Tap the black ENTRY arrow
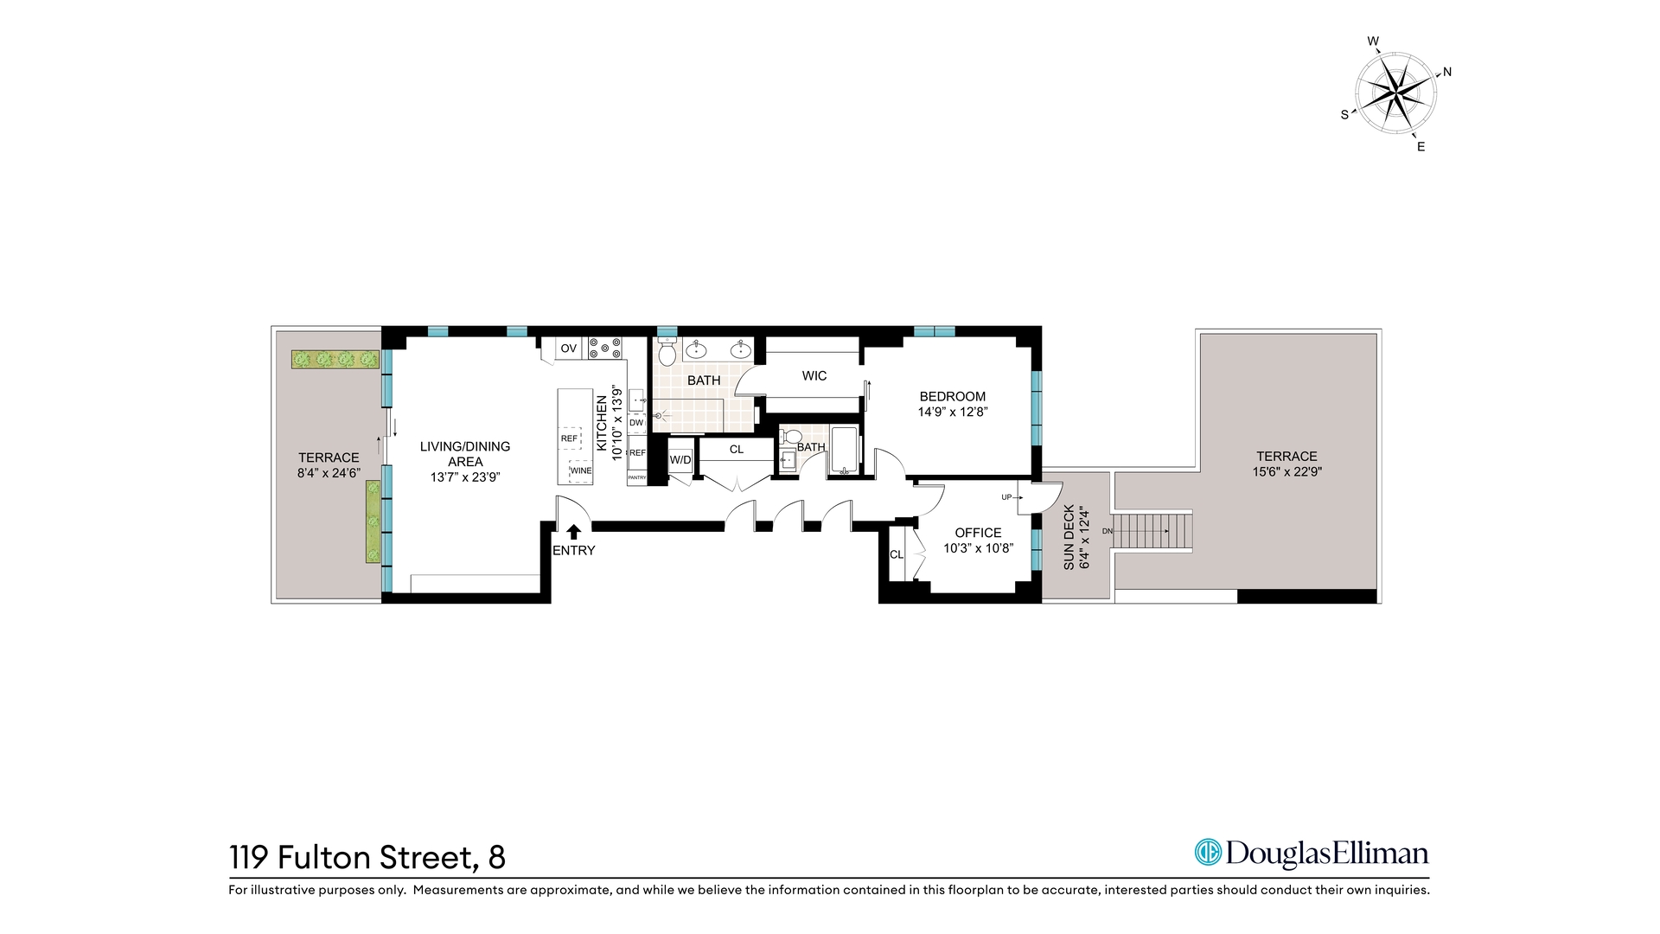(573, 533)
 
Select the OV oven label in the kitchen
(568, 349)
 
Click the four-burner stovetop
(605, 349)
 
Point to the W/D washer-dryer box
(680, 460)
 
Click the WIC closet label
(814, 376)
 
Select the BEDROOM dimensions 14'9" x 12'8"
(953, 413)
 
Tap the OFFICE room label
(978, 533)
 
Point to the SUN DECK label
(1069, 537)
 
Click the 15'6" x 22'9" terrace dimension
(1286, 472)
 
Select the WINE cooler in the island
(581, 471)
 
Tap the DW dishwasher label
(636, 423)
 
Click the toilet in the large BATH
(667, 353)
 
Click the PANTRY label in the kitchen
(637, 477)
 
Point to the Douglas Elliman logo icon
(1208, 853)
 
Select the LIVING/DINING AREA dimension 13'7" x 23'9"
(465, 477)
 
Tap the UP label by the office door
(1006, 497)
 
